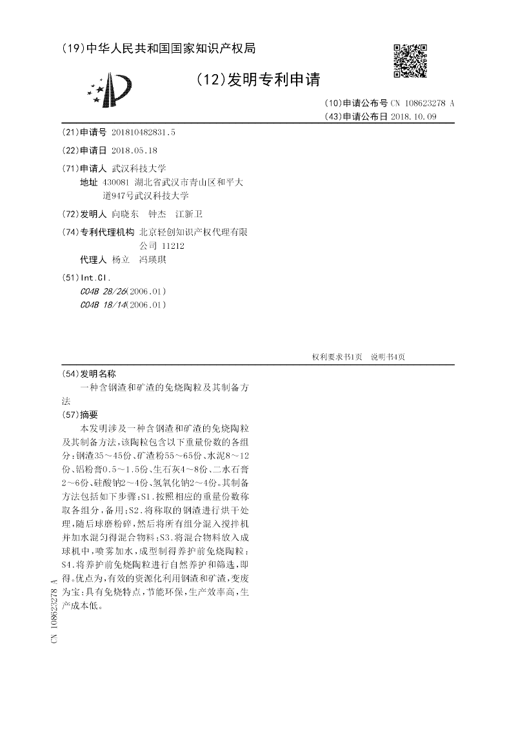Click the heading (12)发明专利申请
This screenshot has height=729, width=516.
pyautogui.click(x=257, y=79)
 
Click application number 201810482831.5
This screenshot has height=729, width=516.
pyautogui.click(x=143, y=132)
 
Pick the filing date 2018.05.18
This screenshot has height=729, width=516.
pyautogui.click(x=134, y=150)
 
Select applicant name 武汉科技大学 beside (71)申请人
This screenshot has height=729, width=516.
pyautogui.click(x=139, y=168)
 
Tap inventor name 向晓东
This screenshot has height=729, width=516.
pyautogui.click(x=125, y=214)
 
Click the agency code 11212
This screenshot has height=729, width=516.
pyautogui.click(x=171, y=246)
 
